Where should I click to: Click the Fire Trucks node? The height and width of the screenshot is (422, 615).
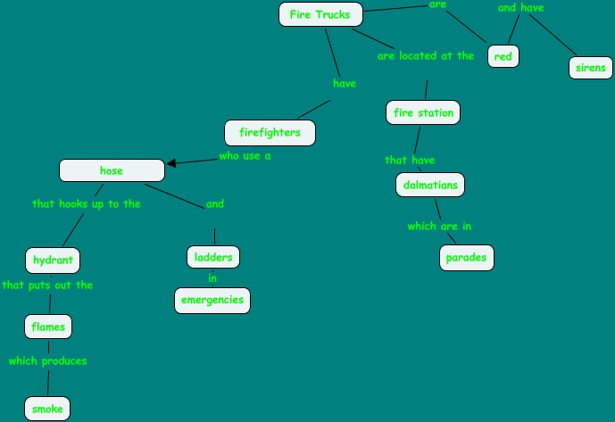click(320, 14)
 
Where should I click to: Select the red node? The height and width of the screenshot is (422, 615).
click(503, 57)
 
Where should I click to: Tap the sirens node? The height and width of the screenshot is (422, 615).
click(590, 68)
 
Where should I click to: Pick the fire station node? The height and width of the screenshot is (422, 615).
click(424, 112)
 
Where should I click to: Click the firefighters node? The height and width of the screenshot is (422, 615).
click(270, 134)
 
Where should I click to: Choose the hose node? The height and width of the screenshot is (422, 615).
click(112, 170)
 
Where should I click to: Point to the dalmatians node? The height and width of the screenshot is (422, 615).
click(430, 185)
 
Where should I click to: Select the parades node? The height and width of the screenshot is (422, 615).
click(467, 258)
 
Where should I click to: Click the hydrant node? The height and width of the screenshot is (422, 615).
click(52, 261)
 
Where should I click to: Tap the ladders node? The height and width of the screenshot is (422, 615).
click(213, 258)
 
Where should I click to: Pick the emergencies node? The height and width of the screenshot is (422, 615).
click(212, 300)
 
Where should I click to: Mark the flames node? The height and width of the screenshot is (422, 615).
click(47, 327)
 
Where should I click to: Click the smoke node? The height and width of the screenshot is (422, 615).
click(47, 409)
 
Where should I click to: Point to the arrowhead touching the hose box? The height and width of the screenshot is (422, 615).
click(170, 163)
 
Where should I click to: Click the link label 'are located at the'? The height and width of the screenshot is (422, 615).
click(426, 55)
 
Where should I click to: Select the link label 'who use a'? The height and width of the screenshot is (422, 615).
click(245, 155)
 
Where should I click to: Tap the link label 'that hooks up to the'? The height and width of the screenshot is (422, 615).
click(87, 203)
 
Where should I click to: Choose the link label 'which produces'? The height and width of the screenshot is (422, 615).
click(47, 361)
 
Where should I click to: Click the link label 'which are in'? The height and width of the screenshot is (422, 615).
click(433, 226)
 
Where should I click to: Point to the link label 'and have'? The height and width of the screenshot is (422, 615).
click(520, 8)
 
